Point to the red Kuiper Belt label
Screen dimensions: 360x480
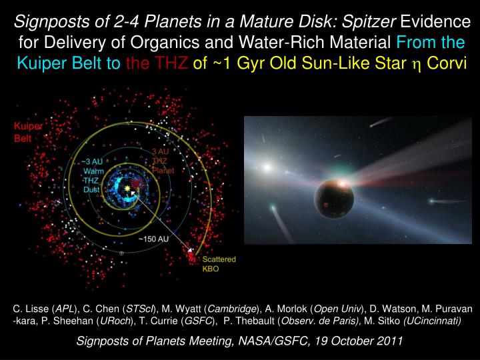tap(29, 131)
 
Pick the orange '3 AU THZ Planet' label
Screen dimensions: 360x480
tap(162, 161)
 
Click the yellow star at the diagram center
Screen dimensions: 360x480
tap(127, 191)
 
